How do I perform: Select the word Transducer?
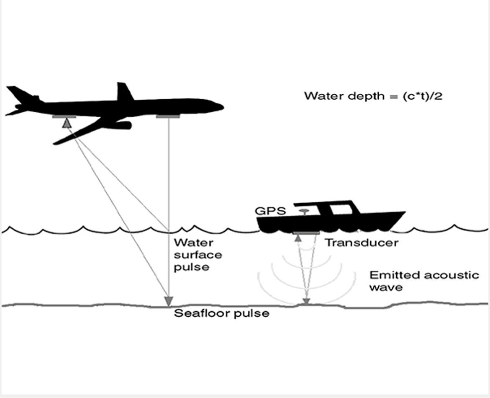click(362, 243)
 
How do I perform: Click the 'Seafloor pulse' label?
click(221, 313)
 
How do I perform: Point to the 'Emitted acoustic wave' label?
click(423, 281)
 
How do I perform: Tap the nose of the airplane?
click(221, 107)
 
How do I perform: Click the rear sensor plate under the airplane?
click(64, 116)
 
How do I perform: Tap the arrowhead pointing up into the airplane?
click(66, 123)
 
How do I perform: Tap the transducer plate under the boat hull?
click(307, 233)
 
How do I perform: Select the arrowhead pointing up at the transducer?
click(298, 238)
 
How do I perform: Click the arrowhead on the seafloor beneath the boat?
click(307, 301)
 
